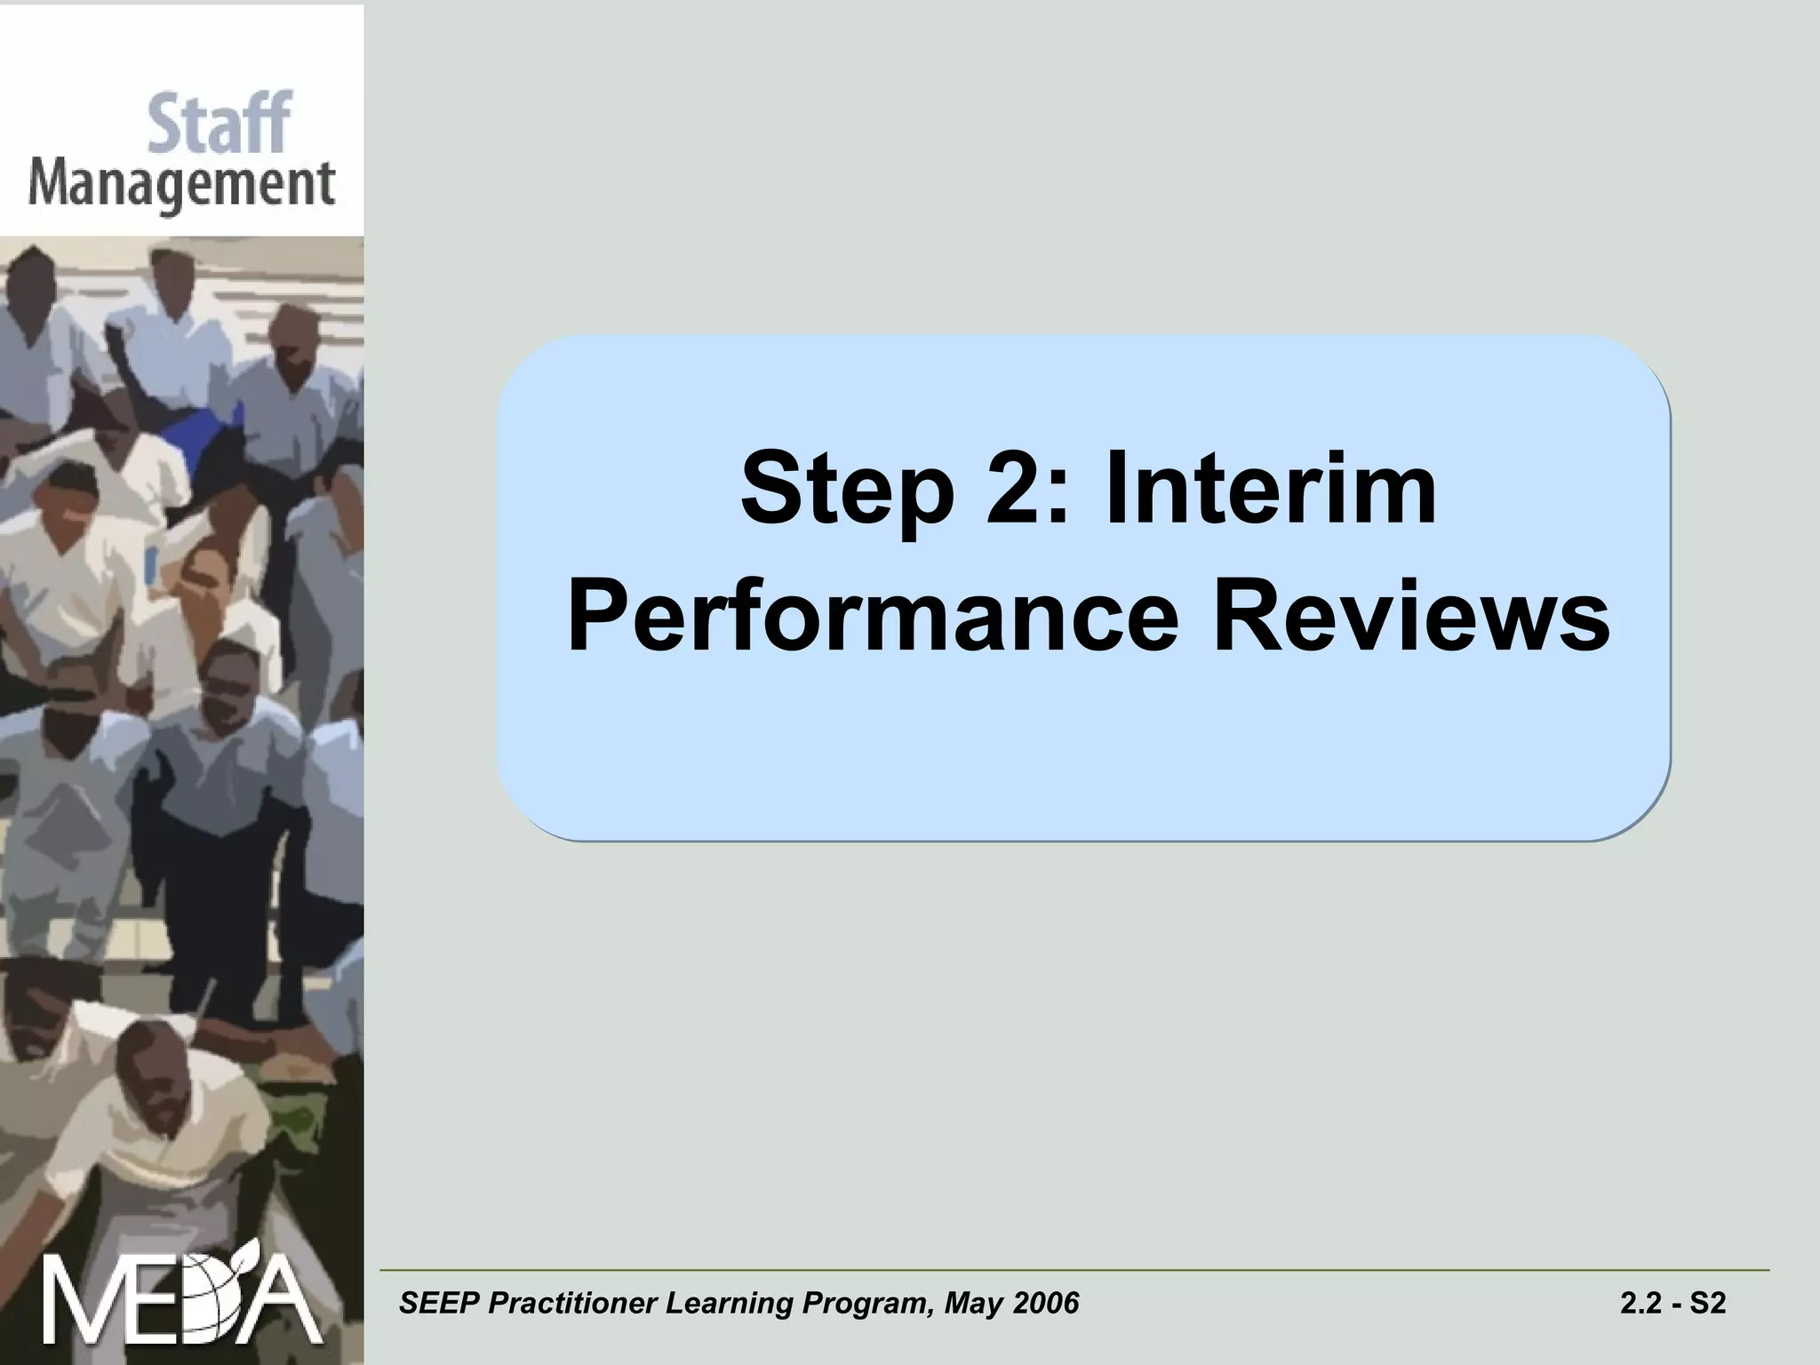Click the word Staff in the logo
coord(219,124)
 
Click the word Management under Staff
coord(181,186)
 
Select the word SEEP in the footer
coord(438,1304)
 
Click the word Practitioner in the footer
coord(572,1304)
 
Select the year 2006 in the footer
coord(1046,1304)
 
